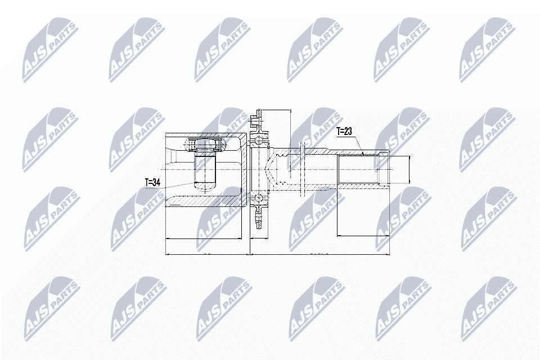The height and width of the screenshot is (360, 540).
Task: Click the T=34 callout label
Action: tap(152, 182)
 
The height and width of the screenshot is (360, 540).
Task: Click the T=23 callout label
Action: tap(344, 132)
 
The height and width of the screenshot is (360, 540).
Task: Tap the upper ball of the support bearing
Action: tap(259, 141)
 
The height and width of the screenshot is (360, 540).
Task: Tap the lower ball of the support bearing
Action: tap(258, 198)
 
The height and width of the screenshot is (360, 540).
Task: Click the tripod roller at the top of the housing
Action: tap(205, 144)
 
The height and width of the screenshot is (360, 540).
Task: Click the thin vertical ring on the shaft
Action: tap(303, 169)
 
